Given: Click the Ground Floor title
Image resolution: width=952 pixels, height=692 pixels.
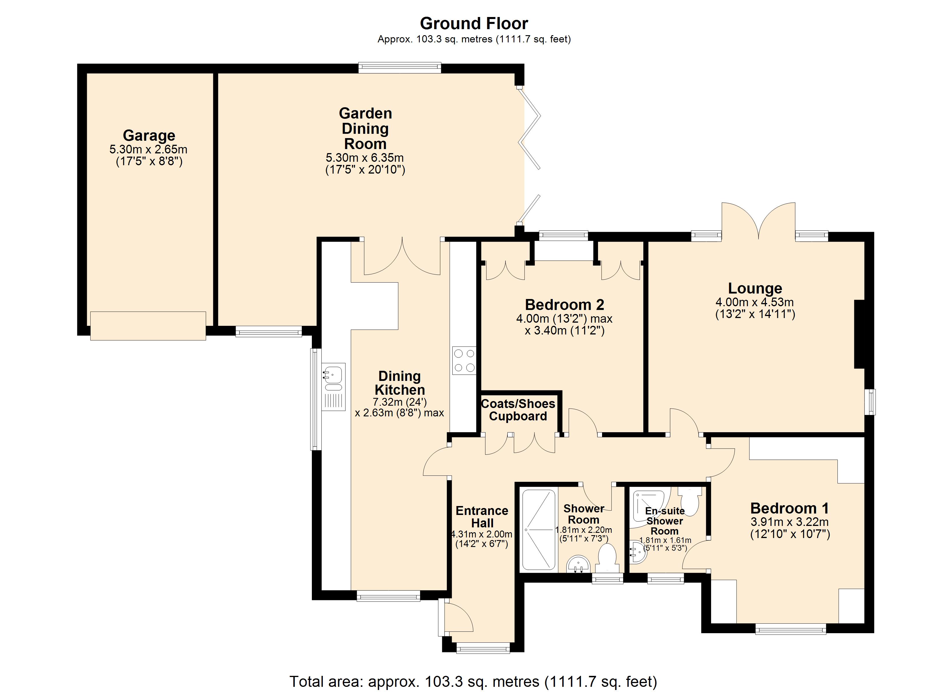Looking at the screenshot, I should tap(474, 24).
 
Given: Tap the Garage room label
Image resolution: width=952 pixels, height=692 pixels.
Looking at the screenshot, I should tap(149, 136).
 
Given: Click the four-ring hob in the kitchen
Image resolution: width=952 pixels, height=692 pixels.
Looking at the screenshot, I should tap(464, 360).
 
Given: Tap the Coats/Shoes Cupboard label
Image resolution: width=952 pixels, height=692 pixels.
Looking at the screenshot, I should tap(518, 410).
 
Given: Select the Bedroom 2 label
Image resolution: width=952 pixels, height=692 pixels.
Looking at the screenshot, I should tap(565, 305).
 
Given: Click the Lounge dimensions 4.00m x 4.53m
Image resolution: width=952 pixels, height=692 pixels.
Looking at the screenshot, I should tap(754, 302).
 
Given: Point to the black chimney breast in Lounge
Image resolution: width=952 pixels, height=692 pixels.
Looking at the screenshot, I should tap(859, 334).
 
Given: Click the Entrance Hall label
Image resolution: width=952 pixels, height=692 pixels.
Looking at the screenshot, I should tap(482, 517).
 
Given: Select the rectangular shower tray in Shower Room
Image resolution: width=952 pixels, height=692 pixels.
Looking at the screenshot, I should tap(539, 530).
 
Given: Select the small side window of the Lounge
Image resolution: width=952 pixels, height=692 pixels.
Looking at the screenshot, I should tap(872, 402).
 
